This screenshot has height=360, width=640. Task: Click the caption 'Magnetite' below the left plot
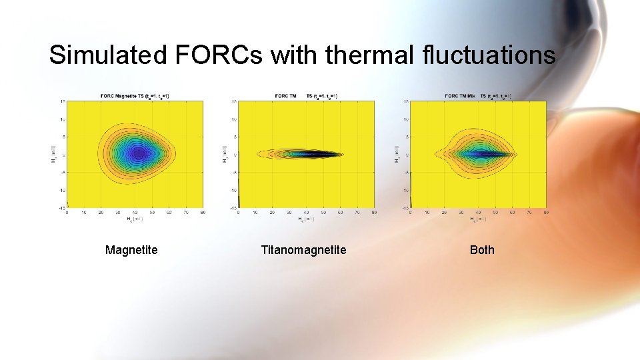coord(131,250)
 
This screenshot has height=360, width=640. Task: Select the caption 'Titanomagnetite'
coord(303,250)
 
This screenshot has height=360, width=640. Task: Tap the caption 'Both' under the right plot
coord(482,250)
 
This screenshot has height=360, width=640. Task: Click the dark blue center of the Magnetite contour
coord(139,153)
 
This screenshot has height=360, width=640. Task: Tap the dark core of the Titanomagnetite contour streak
coord(313,154)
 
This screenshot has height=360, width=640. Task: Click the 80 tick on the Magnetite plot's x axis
coord(203,213)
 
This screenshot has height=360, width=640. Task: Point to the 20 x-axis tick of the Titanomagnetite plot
coord(272,213)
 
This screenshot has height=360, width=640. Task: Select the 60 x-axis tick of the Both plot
coord(512,213)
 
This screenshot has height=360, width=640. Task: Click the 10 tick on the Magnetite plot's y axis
coord(63,119)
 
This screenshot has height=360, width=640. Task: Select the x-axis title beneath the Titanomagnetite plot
coord(306,219)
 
